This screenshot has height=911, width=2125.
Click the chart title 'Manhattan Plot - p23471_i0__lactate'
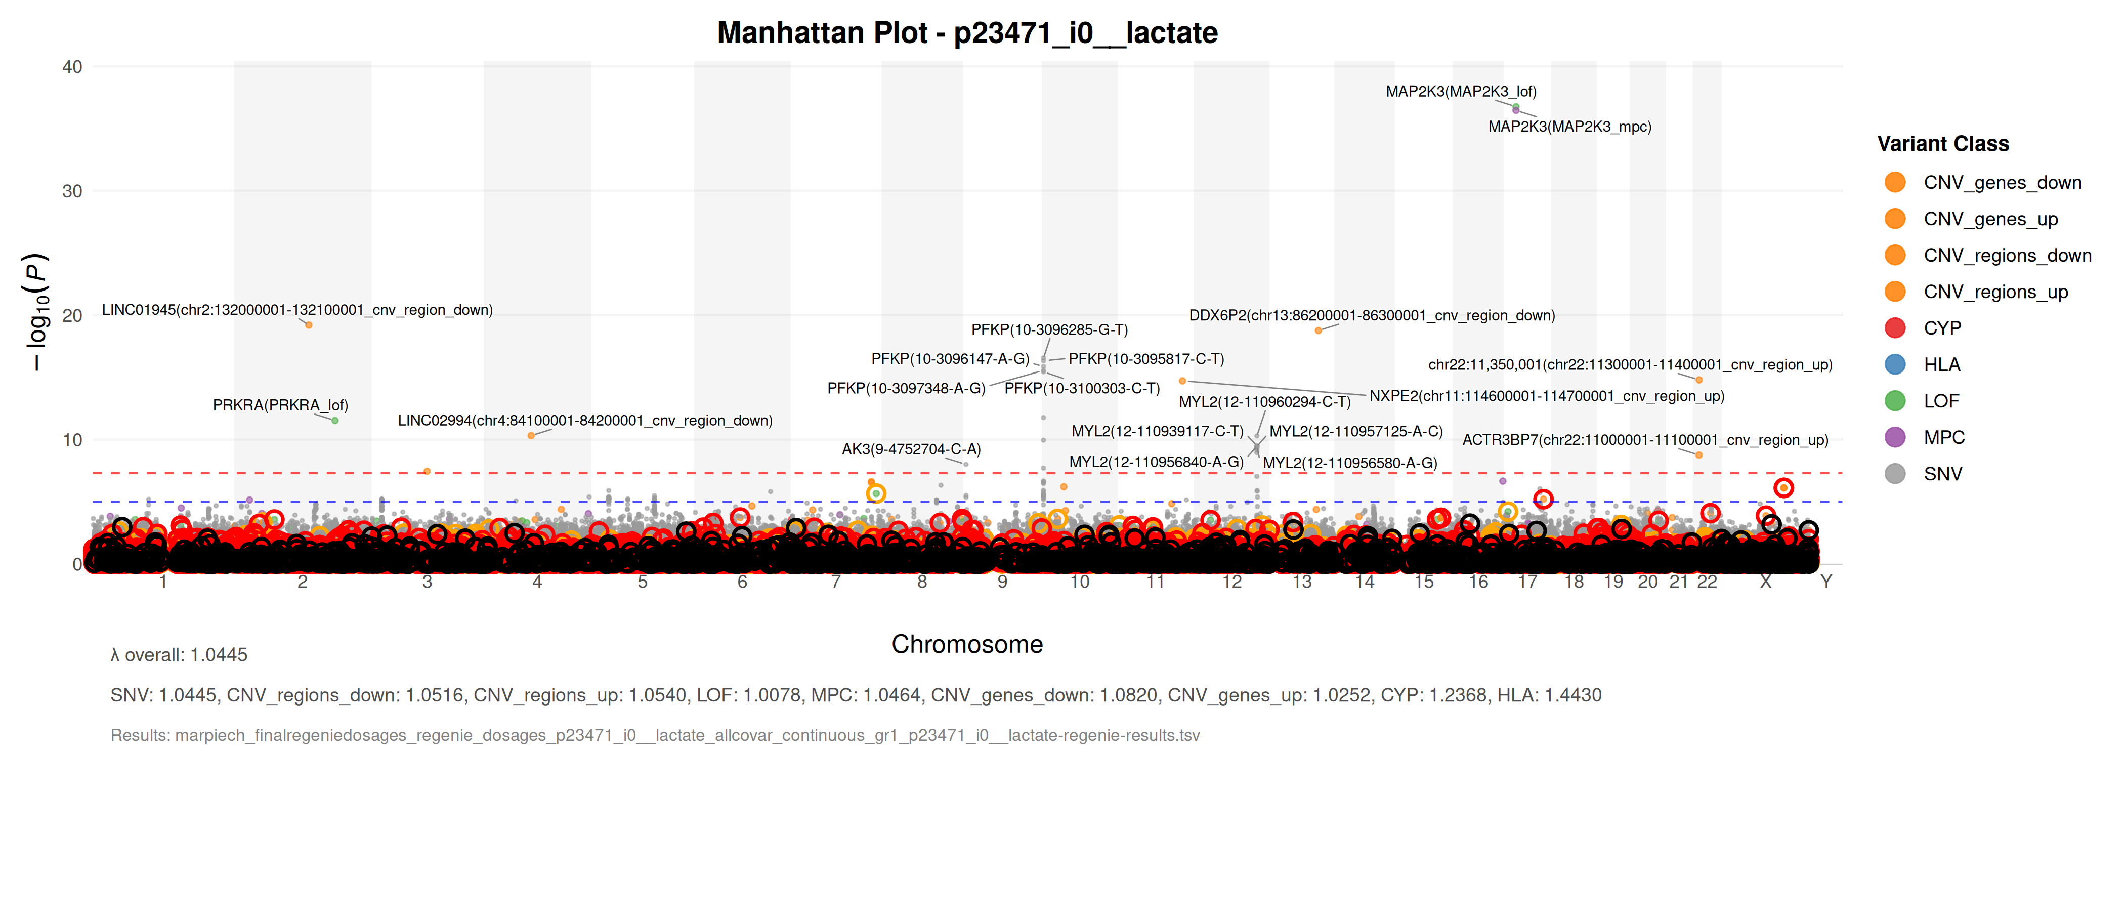[967, 33]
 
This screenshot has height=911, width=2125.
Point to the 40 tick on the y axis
[72, 67]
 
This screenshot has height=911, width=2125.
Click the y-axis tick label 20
[72, 316]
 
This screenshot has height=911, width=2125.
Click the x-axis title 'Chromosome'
[967, 644]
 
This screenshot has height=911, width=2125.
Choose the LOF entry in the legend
[1940, 401]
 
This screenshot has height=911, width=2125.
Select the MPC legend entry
[1943, 437]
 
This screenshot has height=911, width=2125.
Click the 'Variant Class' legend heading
[1943, 144]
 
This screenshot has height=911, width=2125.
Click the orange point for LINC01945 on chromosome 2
[309, 325]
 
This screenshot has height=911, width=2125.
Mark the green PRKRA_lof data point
[335, 421]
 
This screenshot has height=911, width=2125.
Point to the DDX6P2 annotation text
[1372, 315]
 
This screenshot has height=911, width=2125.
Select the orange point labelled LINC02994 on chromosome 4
[531, 436]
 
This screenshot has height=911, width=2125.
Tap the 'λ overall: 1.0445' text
[179, 655]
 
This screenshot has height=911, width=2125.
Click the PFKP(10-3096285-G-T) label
[1049, 330]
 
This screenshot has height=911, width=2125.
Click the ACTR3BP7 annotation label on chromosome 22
[1645, 440]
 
